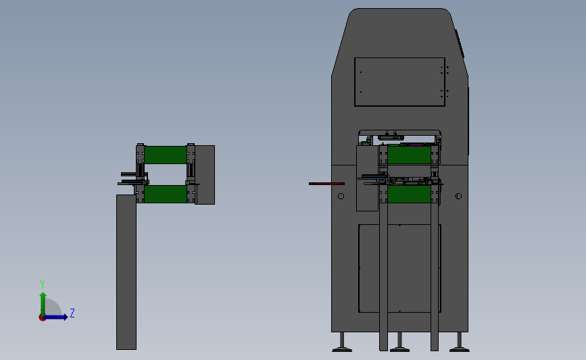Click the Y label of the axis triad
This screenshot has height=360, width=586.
click(42, 284)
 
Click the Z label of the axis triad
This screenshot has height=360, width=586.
click(72, 313)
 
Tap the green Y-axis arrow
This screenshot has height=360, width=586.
click(42, 302)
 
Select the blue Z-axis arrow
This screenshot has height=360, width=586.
click(57, 317)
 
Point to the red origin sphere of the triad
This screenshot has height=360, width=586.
click(42, 317)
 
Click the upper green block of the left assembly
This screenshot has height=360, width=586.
click(166, 155)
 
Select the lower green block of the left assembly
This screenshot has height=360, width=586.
click(166, 195)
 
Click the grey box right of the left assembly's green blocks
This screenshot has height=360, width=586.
click(205, 174)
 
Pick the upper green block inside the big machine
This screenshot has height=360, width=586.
click(409, 155)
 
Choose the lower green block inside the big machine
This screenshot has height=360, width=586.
click(409, 195)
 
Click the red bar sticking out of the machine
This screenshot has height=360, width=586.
click(326, 184)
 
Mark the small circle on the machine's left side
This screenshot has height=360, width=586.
click(341, 197)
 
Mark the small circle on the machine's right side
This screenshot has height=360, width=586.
click(459, 197)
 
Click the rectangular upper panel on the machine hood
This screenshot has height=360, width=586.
click(399, 82)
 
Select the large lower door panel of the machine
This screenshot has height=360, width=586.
click(399, 268)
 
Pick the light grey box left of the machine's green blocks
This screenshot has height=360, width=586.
click(367, 179)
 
